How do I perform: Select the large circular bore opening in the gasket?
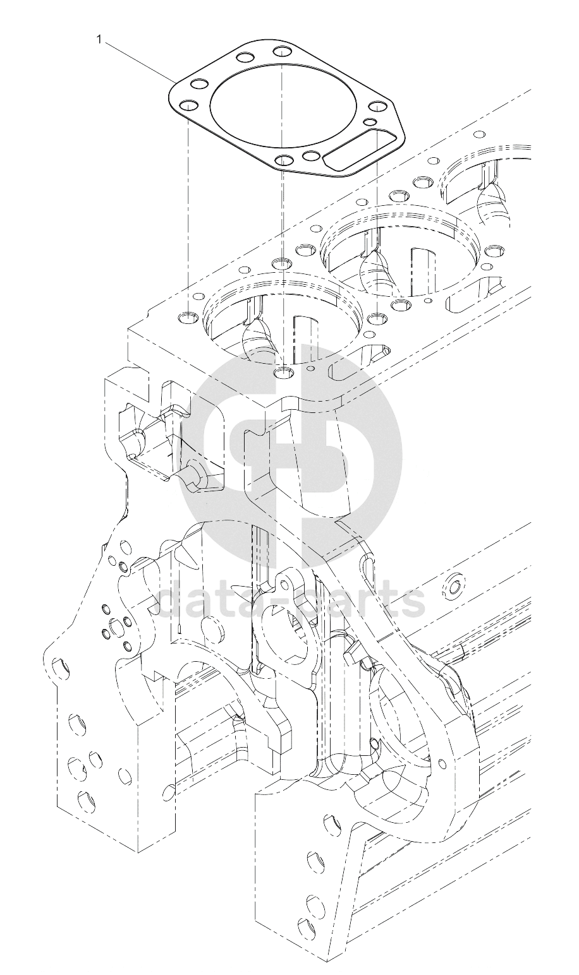[283, 105]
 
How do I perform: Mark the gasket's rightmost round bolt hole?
[377, 107]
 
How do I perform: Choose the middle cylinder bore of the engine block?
[401, 250]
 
